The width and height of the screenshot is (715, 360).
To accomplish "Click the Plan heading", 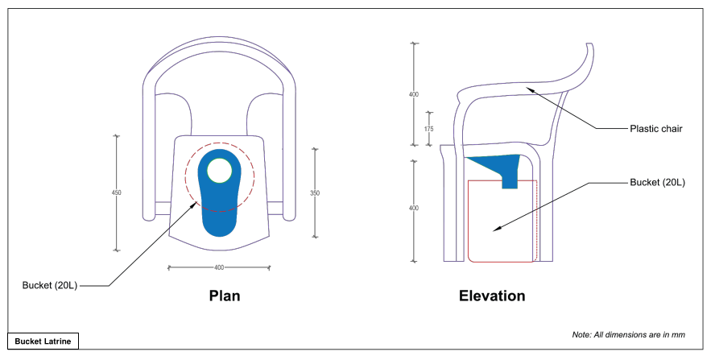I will pyautogui.click(x=225, y=296).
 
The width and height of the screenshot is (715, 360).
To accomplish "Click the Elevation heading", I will pyautogui.click(x=492, y=296).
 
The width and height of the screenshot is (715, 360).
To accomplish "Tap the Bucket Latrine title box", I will pyautogui.click(x=43, y=341).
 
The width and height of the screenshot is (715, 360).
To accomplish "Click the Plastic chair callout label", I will pyautogui.click(x=656, y=129).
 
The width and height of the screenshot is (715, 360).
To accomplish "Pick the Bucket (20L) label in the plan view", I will pyautogui.click(x=50, y=286).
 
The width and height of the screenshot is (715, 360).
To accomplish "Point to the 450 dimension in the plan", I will pyautogui.click(x=117, y=192).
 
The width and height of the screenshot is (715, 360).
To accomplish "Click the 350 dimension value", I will pyautogui.click(x=314, y=192).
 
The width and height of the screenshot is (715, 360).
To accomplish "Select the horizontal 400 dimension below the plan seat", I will pyautogui.click(x=219, y=267).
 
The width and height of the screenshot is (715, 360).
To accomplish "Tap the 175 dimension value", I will pyautogui.click(x=428, y=129).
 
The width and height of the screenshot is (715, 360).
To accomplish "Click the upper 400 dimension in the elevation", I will pyautogui.click(x=414, y=94).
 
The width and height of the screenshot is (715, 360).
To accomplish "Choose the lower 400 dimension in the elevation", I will pyautogui.click(x=414, y=209).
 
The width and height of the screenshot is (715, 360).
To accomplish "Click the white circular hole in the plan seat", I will pyautogui.click(x=219, y=171).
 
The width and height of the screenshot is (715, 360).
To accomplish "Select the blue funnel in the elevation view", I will pyautogui.click(x=499, y=168).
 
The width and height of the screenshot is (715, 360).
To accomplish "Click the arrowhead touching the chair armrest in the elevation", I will pyautogui.click(x=527, y=89).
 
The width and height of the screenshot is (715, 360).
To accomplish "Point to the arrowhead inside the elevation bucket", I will pyautogui.click(x=497, y=229).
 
